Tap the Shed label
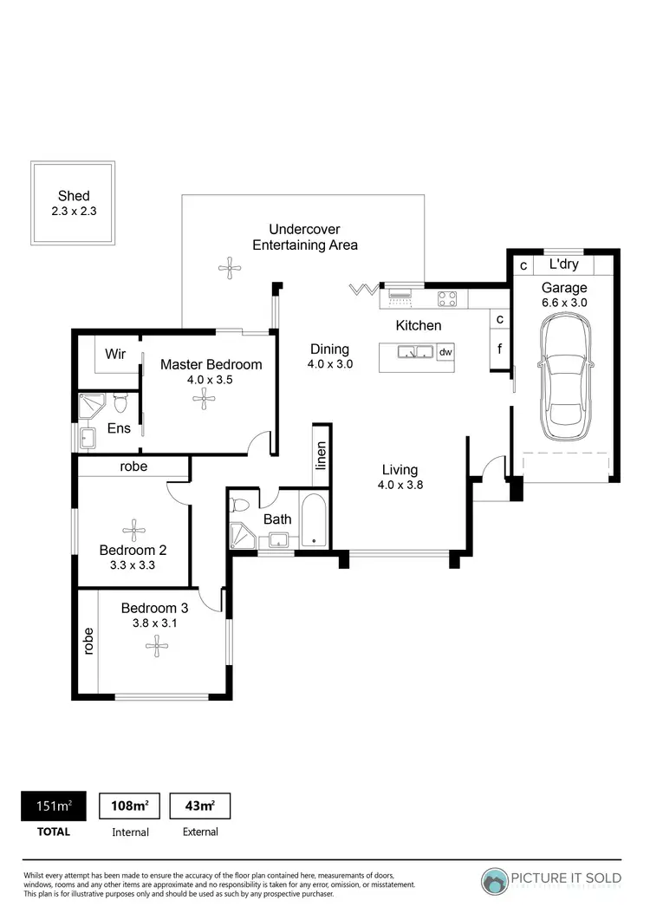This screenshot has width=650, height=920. pos(74,196)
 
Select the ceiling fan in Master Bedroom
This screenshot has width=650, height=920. pos(205,398)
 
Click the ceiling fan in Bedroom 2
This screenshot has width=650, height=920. pos(133,530)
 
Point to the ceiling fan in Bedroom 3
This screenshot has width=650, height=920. pos(157,643)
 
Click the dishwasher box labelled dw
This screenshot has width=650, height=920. pos(445,352)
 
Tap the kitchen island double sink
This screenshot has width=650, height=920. pos(415,352)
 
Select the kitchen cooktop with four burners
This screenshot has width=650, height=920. pos(447,298)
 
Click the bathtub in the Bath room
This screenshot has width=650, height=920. pos(314,520)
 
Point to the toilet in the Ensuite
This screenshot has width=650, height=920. pos(120,401)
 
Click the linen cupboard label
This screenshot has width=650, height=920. pos(322,454)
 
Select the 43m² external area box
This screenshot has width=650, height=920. pos(199,806)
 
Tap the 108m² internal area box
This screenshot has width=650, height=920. pos(130,806)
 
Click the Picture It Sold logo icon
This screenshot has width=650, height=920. pos(496,881)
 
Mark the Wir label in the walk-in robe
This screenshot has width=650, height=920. pos(115,355)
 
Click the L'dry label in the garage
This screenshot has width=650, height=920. pos(564,264)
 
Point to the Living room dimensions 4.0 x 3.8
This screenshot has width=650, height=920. pos(400,486)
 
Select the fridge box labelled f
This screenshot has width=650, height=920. pos(499,350)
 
